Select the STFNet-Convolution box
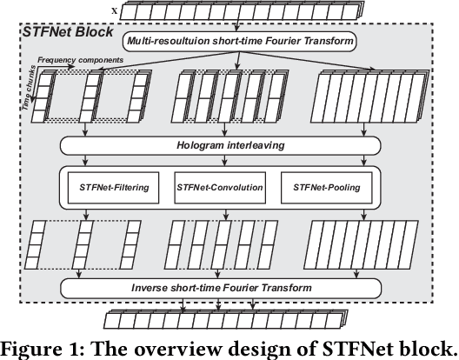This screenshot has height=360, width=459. [x=219, y=186]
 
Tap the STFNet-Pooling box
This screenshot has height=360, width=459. [x=326, y=186]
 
